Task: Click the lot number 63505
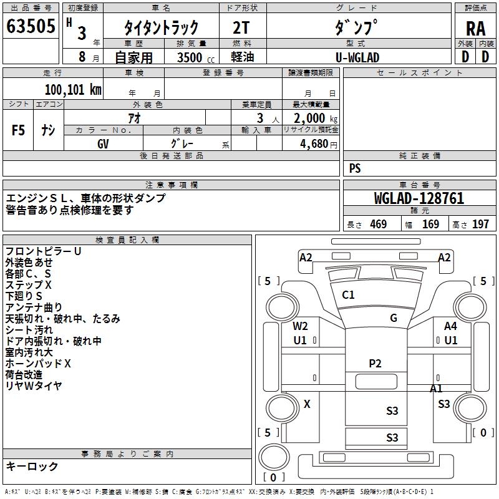click(30, 26)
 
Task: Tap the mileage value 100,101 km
click(73, 89)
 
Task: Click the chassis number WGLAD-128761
click(419, 198)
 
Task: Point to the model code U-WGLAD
click(357, 57)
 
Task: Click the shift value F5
click(19, 130)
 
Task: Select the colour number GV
click(103, 143)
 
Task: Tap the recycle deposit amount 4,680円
click(318, 143)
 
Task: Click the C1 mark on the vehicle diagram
click(348, 295)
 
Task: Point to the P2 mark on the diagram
click(375, 364)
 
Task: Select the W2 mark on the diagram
click(301, 326)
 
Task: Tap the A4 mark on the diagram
click(450, 326)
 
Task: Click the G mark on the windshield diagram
click(394, 318)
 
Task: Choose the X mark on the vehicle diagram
click(307, 404)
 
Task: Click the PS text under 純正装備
click(355, 168)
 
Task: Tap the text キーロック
click(32, 466)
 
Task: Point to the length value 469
click(378, 225)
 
